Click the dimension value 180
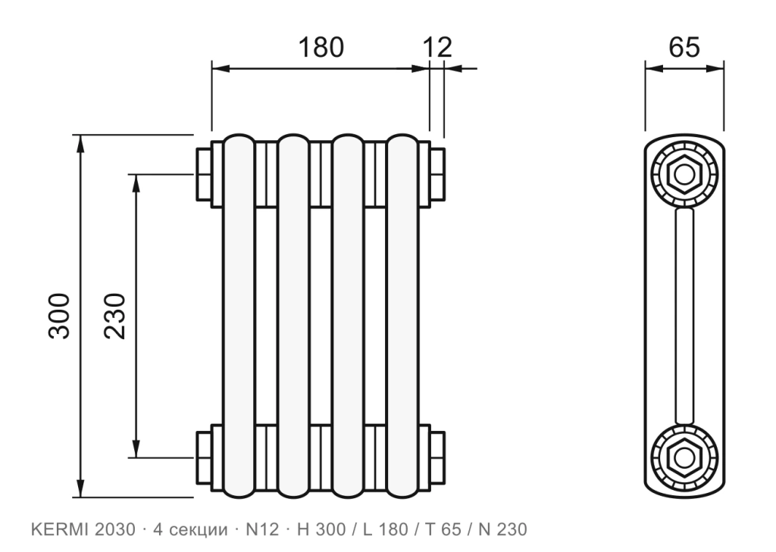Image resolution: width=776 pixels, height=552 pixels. tap(321, 48)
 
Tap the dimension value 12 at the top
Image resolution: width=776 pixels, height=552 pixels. tap(437, 48)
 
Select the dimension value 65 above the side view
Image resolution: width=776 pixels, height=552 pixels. tap(684, 48)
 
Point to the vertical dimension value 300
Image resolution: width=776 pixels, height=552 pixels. tap(59, 316)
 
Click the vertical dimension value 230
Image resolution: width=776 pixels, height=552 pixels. tap(115, 316)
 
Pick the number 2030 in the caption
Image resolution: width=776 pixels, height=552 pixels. tap(114, 530)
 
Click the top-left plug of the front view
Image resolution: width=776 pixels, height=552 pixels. tap(205, 174)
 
